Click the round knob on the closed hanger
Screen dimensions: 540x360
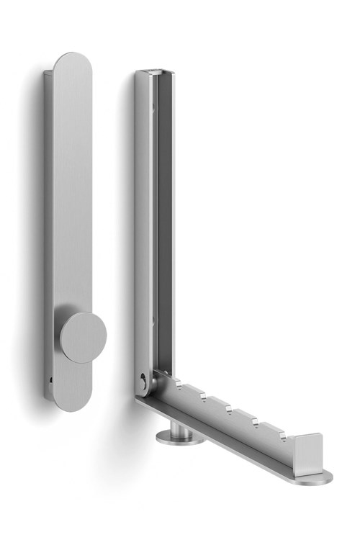[82, 337]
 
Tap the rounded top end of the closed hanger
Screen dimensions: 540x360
[73, 65]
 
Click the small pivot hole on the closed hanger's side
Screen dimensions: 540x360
[51, 378]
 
